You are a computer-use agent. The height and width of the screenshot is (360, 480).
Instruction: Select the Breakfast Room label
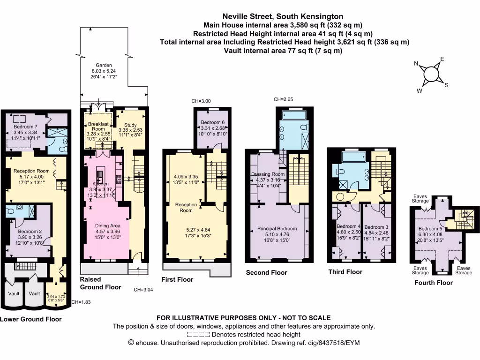point(98,124)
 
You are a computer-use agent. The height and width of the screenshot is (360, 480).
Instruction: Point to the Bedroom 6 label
point(213,122)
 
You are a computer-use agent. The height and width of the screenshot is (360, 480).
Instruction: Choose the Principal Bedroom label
point(277,228)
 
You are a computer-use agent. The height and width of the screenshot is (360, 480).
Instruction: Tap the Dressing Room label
point(268,174)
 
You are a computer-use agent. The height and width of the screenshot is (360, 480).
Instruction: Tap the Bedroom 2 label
point(30,231)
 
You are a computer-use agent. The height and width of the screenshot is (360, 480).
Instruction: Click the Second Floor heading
point(266,272)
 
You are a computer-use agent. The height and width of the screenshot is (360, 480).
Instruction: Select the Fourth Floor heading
point(433,283)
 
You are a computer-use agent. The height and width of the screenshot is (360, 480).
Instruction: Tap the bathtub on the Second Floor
point(293,115)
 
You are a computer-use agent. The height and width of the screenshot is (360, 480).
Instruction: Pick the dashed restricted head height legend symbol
point(198,335)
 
